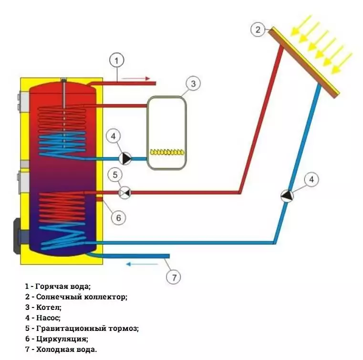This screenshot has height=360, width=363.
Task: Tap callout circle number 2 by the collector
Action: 258,30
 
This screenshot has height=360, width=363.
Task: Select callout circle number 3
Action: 193,84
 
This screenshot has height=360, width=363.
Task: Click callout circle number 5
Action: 114,174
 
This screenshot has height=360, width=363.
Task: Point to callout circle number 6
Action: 118,218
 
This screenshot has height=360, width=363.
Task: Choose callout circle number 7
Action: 174,276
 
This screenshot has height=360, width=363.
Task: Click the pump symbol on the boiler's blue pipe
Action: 126,158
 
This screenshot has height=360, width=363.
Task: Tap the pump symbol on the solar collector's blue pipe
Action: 287,196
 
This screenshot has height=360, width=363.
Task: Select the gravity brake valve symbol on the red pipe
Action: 124,192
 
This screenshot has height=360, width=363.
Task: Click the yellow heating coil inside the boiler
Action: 166,152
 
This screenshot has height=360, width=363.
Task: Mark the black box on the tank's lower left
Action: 17,235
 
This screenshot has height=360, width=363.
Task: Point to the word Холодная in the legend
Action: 53,349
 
